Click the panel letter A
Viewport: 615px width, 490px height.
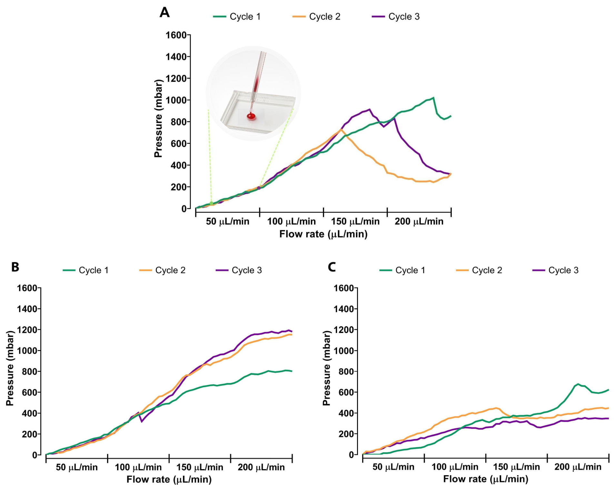(x=164, y=13)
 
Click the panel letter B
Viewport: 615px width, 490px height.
(x=15, y=267)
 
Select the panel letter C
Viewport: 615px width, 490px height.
(x=332, y=267)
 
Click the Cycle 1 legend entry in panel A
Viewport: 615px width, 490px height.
(x=237, y=16)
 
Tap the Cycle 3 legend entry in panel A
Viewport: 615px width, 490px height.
(x=396, y=16)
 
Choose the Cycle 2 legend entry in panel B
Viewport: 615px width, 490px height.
(x=163, y=270)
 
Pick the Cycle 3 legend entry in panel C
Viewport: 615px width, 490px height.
(x=555, y=270)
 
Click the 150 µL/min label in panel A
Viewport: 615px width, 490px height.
(x=355, y=221)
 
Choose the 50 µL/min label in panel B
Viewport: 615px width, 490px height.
(x=77, y=467)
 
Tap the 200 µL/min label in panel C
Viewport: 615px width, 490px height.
(x=578, y=467)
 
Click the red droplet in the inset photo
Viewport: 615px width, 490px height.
(x=251, y=116)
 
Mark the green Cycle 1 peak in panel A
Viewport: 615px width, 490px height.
(x=433, y=97)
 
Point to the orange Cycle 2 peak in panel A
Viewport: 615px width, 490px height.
(x=341, y=129)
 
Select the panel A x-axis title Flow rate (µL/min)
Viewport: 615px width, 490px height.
(x=323, y=234)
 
